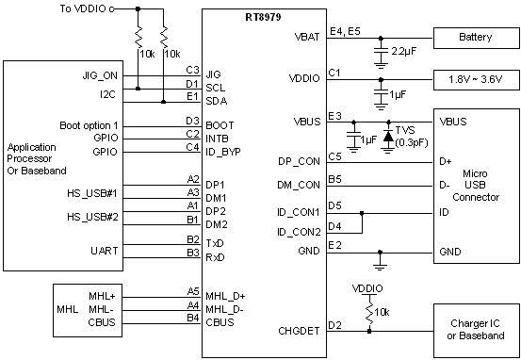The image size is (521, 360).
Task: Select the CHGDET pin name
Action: pos(298,332)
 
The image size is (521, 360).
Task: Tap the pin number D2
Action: pos(334,325)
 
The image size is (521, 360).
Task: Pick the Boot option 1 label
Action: pos(90,125)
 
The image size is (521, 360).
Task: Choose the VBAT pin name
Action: pos(305,38)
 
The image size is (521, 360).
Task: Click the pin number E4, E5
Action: pos(345,32)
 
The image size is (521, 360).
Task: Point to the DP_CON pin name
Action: pos(301,161)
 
